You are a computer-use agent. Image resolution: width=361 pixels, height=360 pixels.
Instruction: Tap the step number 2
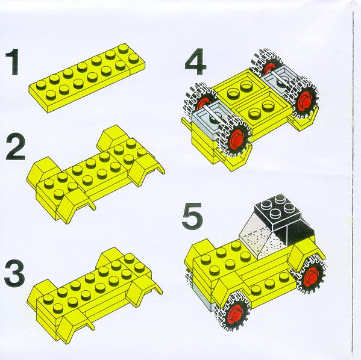[15, 147]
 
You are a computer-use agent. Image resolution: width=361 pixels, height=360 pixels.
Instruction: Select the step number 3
[14, 273]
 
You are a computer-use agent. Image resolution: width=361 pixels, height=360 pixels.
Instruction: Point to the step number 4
[195, 61]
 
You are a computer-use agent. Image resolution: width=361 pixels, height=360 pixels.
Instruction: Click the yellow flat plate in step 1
[87, 78]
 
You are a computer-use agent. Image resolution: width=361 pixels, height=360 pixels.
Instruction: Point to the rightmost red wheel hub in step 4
[306, 99]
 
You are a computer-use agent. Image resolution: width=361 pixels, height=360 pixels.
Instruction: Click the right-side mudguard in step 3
[143, 292]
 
